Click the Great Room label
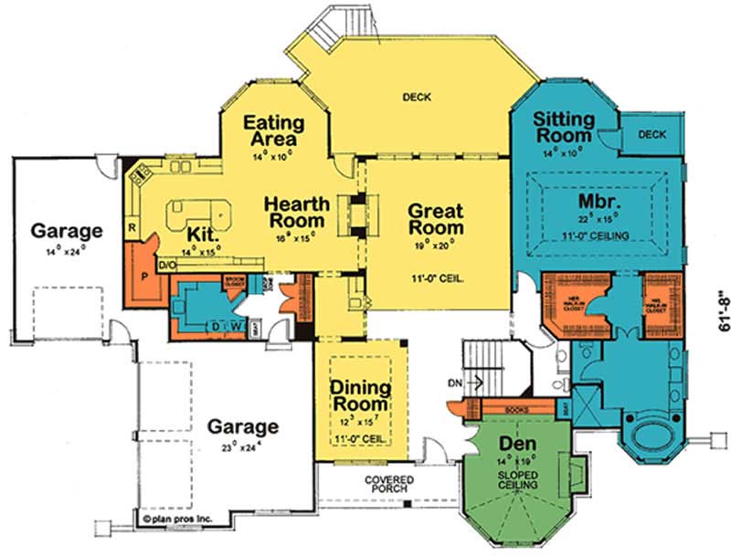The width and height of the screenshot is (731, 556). [x=436, y=218]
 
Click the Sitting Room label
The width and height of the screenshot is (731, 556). [x=564, y=127]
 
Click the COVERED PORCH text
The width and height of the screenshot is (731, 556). [x=387, y=485]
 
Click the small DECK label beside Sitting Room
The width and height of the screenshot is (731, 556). [x=652, y=133]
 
